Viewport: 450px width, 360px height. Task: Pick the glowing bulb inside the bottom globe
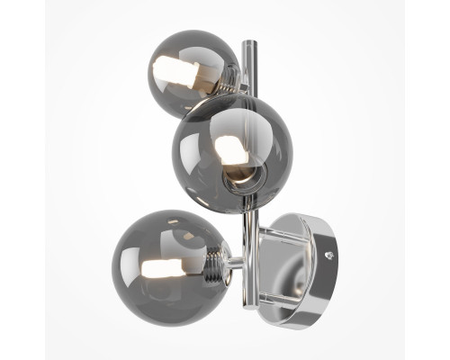click(x=162, y=267)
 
